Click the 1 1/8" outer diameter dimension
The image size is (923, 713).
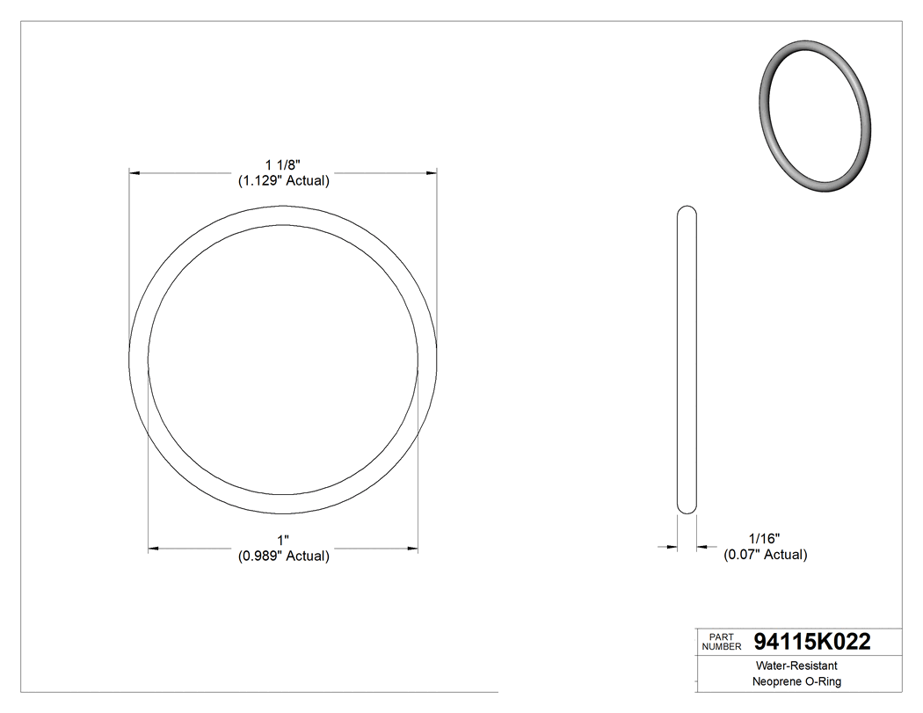pyautogui.click(x=283, y=165)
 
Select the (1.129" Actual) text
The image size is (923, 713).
pyautogui.click(x=283, y=181)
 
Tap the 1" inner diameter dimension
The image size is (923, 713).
pyautogui.click(x=283, y=540)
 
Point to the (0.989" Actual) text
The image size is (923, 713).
pyautogui.click(x=283, y=556)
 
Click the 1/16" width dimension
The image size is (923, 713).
pyautogui.click(x=764, y=538)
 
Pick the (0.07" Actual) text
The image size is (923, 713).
pyautogui.click(x=765, y=555)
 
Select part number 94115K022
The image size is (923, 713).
pyautogui.click(x=812, y=642)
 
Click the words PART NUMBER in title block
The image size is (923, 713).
pyautogui.click(x=722, y=642)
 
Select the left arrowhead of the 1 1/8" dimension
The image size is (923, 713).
pyautogui.click(x=134, y=173)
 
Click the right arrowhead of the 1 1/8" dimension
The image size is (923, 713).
pyautogui.click(x=432, y=173)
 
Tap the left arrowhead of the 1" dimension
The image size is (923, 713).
pyautogui.click(x=153, y=549)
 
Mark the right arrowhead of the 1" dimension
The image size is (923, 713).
pyautogui.click(x=413, y=549)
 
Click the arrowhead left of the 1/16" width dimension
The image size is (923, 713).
pyautogui.click(x=672, y=547)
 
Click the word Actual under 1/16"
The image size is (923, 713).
pyautogui.click(x=785, y=555)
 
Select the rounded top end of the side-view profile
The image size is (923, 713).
pyautogui.click(x=687, y=211)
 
